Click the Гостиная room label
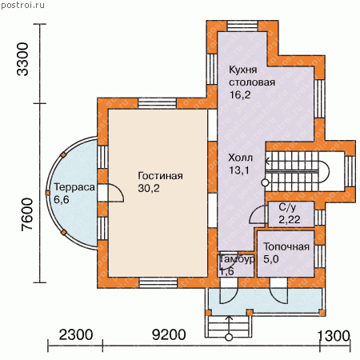click(x=160, y=176)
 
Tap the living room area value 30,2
click(x=149, y=188)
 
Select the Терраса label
click(x=74, y=187)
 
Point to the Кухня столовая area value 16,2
click(x=240, y=94)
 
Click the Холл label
click(x=240, y=158)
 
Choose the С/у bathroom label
click(x=287, y=207)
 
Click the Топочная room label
click(x=286, y=246)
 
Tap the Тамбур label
click(x=237, y=259)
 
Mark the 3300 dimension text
click(x=22, y=59)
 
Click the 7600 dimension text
click(x=27, y=214)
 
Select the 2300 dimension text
click(x=76, y=335)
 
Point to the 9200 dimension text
click(x=169, y=335)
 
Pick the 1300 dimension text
click(x=334, y=336)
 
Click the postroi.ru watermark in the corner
click(x=22, y=6)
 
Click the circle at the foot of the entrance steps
click(x=229, y=338)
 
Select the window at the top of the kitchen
click(x=242, y=26)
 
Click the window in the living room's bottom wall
click(x=158, y=282)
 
